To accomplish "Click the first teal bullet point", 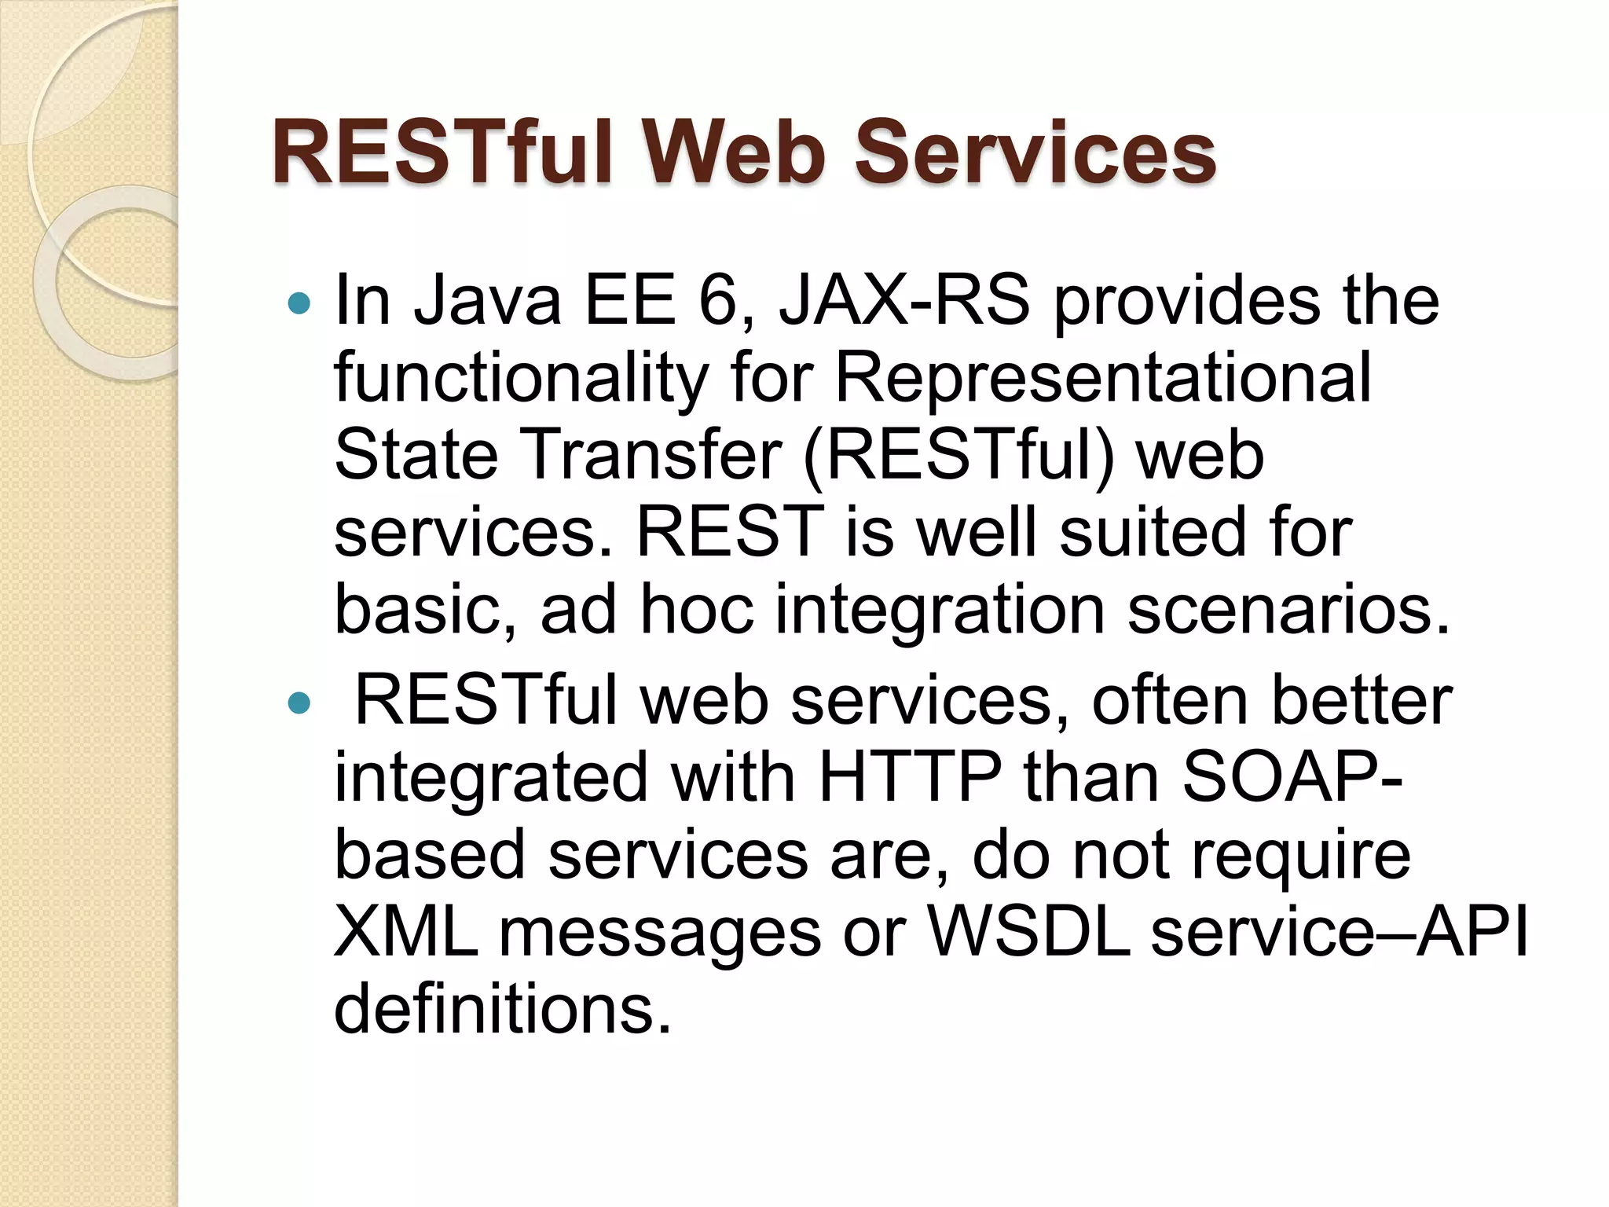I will click(299, 303).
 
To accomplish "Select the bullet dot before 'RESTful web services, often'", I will click(299, 703).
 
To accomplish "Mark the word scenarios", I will click(1288, 611).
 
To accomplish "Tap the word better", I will click(1362, 700).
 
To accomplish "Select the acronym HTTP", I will click(909, 778).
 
